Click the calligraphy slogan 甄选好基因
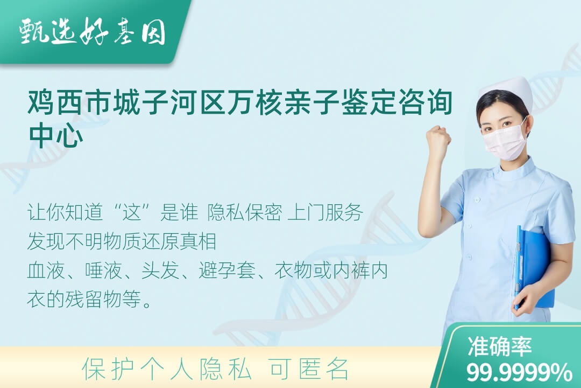(93, 32)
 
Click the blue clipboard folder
(534, 267)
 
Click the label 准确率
(499, 347)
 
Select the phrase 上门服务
(325, 213)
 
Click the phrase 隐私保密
(245, 213)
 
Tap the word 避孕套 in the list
(227, 271)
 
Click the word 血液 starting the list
(46, 271)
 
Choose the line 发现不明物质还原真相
(122, 241)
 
